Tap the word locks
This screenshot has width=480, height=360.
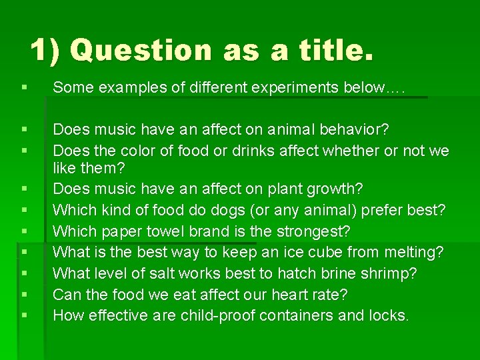(388, 315)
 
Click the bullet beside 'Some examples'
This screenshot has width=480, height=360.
(25, 87)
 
